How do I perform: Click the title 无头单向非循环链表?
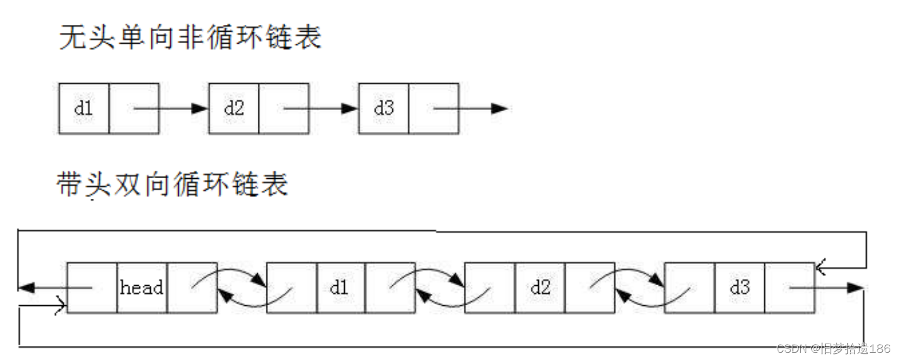(x=190, y=38)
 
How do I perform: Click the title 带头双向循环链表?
(x=173, y=184)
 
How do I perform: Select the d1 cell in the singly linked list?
(x=84, y=108)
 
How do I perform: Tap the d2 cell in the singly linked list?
(x=234, y=108)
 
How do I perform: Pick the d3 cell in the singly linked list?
(x=384, y=108)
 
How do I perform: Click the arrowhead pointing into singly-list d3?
(x=350, y=108)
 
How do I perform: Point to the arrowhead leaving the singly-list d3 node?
(x=500, y=108)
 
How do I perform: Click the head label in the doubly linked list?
(x=142, y=287)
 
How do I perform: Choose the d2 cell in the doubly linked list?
(x=539, y=287)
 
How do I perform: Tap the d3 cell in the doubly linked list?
(x=739, y=287)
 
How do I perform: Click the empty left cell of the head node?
(x=92, y=287)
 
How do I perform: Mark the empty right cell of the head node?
(x=192, y=287)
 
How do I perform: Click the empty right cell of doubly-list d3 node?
(x=789, y=287)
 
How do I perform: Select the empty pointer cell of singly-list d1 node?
(x=134, y=108)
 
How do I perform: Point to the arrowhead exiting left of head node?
(x=26, y=287)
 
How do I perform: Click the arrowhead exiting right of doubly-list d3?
(x=856, y=287)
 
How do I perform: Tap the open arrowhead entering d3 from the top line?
(x=822, y=266)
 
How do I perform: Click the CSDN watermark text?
(x=833, y=348)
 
